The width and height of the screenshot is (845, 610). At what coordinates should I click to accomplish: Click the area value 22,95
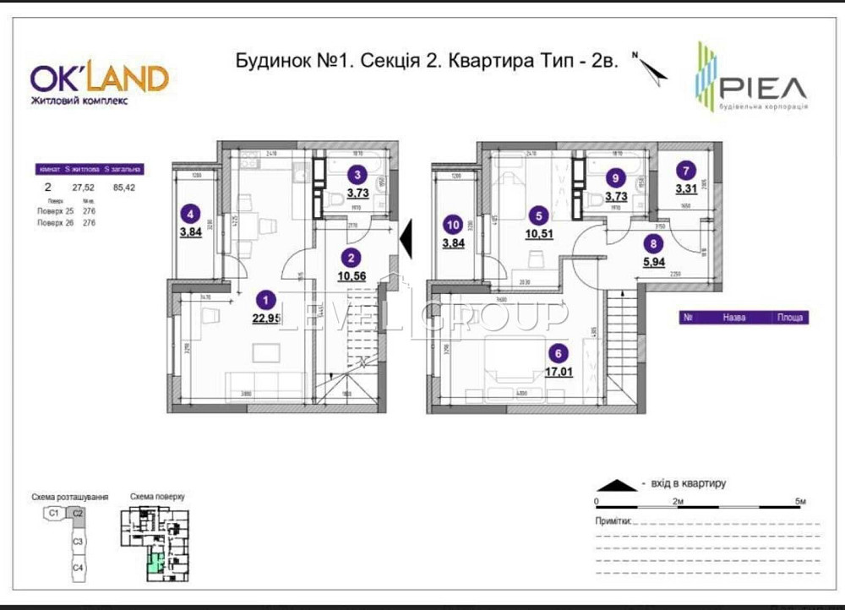[267, 318]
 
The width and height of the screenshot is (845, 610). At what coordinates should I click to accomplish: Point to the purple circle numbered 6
[557, 352]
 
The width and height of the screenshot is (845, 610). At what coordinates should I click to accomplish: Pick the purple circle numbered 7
[686, 170]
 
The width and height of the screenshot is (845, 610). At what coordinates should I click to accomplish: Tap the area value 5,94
[653, 262]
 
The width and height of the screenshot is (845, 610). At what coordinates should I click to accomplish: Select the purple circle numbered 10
[454, 225]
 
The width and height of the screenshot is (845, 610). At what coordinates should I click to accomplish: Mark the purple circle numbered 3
[357, 176]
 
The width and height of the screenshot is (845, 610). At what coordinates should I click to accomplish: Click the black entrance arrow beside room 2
[405, 237]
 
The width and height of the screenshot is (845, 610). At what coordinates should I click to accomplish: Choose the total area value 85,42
[123, 188]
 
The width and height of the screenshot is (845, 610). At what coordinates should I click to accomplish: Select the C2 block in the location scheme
[78, 513]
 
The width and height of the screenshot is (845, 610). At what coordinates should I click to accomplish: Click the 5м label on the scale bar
[800, 502]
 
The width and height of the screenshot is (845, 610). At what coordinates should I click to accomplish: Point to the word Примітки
[612, 522]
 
